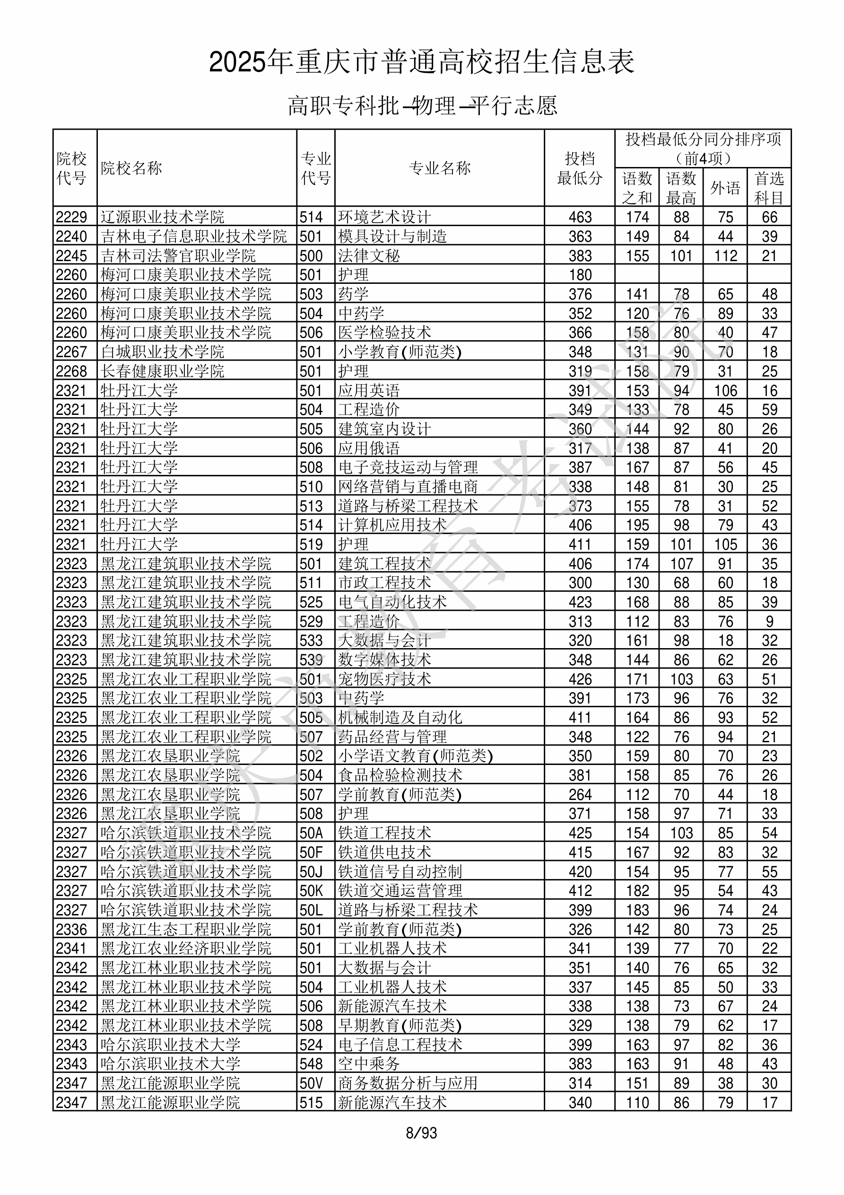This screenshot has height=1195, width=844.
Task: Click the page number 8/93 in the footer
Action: [421, 1133]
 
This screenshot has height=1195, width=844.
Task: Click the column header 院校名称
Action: [131, 168]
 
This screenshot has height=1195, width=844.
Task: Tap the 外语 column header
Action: [725, 188]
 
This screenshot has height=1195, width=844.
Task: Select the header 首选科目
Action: [769, 188]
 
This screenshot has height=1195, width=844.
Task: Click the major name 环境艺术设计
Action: [384, 217]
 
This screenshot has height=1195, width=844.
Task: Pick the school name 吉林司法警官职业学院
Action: [178, 255]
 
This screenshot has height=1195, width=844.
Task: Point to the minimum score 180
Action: [580, 275]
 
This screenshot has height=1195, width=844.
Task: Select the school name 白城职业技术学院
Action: [162, 352]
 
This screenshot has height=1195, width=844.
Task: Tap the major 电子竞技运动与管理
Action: [408, 467]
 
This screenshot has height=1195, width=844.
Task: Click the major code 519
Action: [311, 545]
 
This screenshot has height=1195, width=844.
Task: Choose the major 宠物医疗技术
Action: [384, 679]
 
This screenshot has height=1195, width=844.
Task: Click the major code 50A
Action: [311, 833]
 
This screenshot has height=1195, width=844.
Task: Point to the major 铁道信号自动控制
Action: [400, 872]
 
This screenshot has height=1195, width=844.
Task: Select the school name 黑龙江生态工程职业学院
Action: [186, 930]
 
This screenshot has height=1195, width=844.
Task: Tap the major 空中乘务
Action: [369, 1064]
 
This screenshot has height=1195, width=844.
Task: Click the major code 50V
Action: [311, 1084]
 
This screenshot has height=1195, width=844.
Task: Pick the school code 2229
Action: [71, 217]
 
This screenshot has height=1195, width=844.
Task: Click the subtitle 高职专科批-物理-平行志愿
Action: [423, 105]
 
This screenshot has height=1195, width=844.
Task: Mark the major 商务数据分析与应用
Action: [408, 1084]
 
